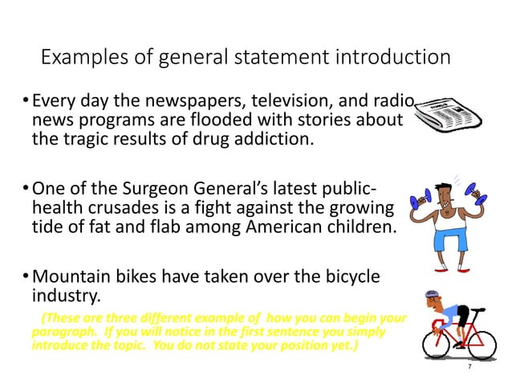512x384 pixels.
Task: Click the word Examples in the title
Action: click(78, 58)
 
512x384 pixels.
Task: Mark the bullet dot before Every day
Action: click(26, 104)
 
